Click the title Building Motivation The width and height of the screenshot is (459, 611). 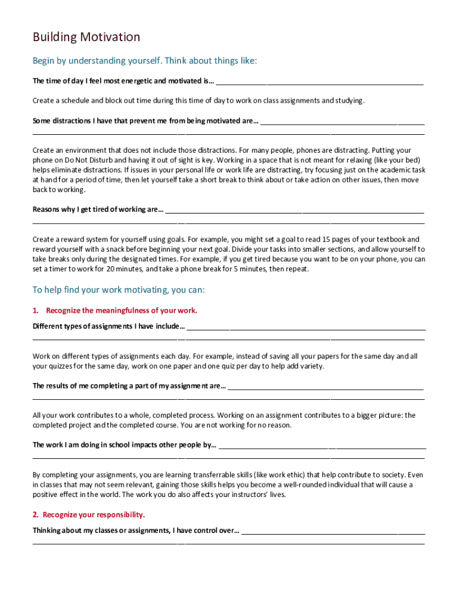point(86,38)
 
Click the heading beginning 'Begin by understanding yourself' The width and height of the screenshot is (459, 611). point(144,61)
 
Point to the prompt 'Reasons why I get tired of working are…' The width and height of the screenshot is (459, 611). point(98,209)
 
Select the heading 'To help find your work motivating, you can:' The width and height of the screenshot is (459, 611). point(119,290)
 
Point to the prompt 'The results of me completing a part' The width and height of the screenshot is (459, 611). point(129,386)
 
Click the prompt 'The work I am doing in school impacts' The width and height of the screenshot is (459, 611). point(124,445)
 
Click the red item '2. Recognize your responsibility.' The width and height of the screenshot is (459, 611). point(89,514)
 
